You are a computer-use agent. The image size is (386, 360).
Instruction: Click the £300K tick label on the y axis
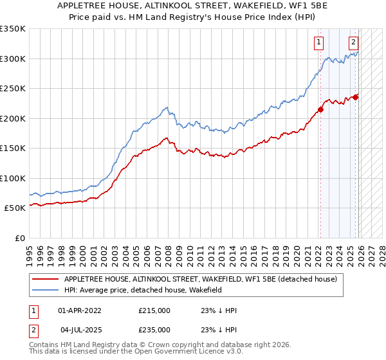(x=13, y=59)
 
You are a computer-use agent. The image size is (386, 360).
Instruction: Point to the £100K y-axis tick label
(x=13, y=178)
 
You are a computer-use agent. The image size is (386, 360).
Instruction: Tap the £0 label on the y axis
(x=19, y=238)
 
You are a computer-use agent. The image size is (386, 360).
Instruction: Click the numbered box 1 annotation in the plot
(x=318, y=43)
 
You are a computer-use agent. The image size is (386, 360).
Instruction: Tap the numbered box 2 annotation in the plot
(x=353, y=43)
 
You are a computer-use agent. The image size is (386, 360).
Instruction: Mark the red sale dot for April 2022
(x=320, y=109)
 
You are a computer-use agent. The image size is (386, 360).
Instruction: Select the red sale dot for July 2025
(x=355, y=97)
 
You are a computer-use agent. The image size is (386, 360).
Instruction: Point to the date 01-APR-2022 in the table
(x=83, y=310)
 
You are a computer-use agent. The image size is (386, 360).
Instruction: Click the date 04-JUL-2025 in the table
(x=83, y=329)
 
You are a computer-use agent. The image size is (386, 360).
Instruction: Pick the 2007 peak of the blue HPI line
(x=166, y=107)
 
